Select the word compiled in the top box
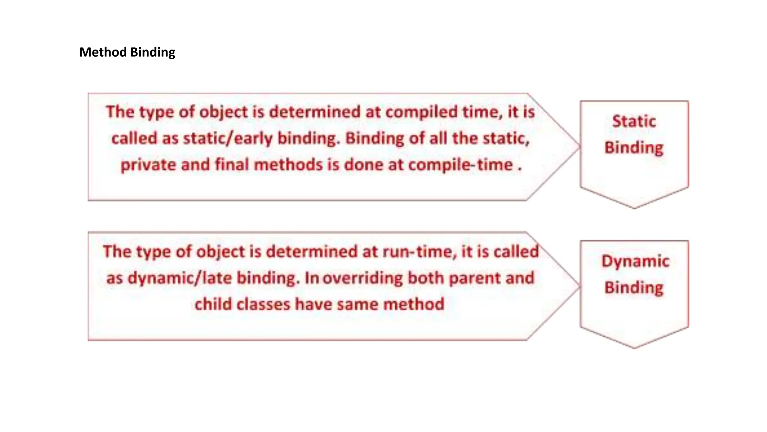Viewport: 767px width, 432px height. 422,112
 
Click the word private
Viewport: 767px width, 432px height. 148,165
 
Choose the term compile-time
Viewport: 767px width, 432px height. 460,165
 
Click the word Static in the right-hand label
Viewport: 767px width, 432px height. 634,121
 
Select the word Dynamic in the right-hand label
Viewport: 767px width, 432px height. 635,261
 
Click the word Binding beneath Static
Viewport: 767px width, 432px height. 634,148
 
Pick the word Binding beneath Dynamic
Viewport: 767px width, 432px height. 634,288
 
